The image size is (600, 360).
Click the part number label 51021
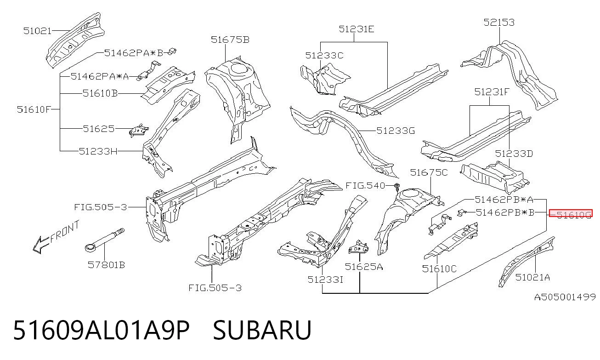point(37,31)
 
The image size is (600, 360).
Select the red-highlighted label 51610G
point(571,213)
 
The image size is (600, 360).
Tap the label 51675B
point(230,40)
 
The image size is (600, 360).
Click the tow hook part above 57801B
point(104,240)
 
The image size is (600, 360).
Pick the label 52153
point(499,22)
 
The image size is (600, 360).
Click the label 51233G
point(396,131)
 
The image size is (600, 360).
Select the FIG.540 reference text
point(365,185)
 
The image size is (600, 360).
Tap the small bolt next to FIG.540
point(397,187)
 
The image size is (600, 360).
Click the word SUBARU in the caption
point(262,330)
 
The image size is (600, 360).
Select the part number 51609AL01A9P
point(102,330)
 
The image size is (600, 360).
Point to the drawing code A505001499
point(565,297)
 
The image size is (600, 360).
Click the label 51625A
point(364,267)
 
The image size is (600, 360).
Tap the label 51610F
point(34,109)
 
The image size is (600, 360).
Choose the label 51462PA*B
point(134,53)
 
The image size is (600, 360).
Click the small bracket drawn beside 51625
point(139,131)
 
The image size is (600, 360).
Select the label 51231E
point(356,29)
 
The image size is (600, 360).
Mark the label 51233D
point(514,154)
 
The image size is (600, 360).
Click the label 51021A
point(532,277)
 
